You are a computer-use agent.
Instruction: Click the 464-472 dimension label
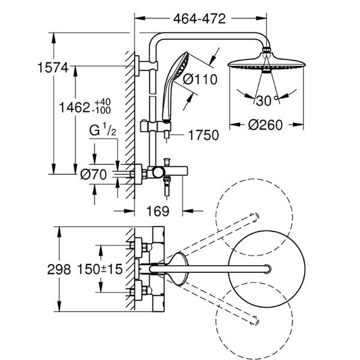[200, 19]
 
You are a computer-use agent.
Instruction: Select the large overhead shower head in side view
[264, 65]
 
